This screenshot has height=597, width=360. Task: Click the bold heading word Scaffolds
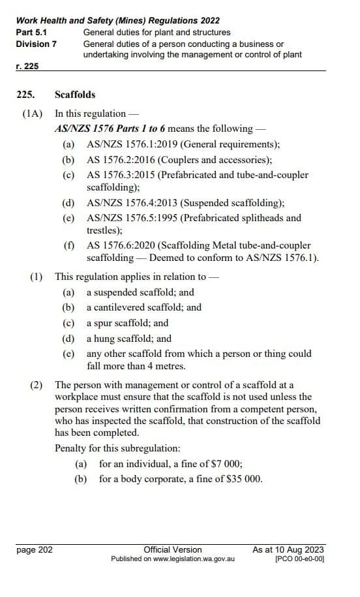75,95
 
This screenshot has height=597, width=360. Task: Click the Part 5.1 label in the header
31,32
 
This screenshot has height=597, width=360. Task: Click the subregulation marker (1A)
32,113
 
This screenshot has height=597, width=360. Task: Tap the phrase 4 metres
164,366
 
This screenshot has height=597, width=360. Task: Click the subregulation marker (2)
37,385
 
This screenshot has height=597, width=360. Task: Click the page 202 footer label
35,549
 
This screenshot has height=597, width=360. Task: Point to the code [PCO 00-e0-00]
299,559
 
